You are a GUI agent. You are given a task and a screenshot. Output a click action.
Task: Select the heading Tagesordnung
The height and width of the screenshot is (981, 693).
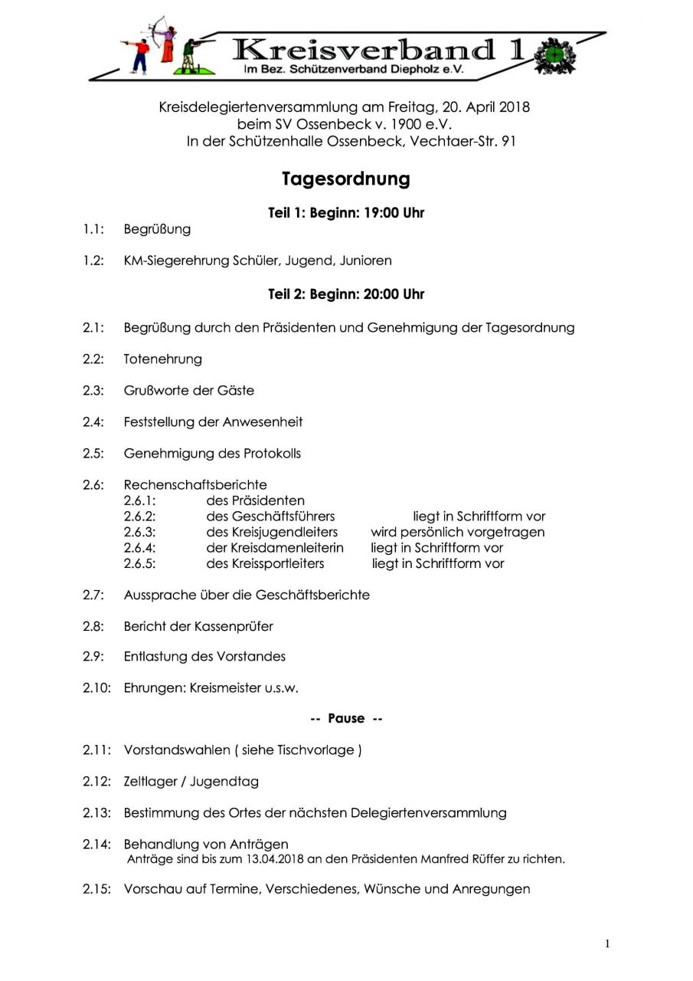[346, 179]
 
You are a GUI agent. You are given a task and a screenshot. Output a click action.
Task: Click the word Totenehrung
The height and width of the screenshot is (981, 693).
[163, 359]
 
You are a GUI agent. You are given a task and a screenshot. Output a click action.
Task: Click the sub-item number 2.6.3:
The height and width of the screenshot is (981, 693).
[140, 532]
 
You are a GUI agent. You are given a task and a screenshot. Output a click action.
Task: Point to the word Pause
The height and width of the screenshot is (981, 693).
[346, 719]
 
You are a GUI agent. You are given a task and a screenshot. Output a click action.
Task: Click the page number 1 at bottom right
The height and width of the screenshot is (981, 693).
[607, 944]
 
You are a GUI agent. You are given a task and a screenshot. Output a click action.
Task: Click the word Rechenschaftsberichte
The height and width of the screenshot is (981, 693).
[195, 484]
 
